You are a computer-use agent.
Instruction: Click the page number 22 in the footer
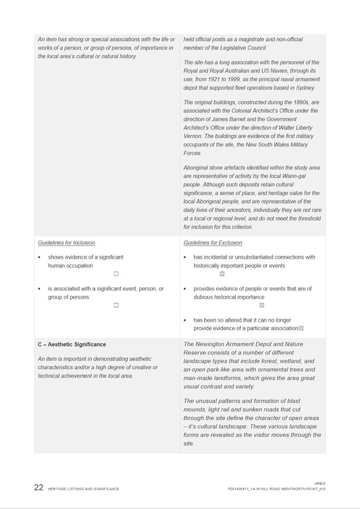pyautogui.click(x=39, y=487)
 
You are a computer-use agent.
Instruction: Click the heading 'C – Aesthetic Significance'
pyautogui.click(x=72, y=344)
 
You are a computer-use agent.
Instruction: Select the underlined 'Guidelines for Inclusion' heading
pyautogui.click(x=67, y=243)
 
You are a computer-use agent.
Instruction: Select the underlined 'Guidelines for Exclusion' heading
pyautogui.click(x=213, y=243)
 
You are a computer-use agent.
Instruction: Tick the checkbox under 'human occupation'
pyautogui.click(x=116, y=274)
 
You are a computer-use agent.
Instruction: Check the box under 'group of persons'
pyautogui.click(x=116, y=305)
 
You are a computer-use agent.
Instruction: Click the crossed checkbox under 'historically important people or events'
pyautogui.click(x=222, y=274)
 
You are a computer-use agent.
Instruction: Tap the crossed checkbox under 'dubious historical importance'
pyautogui.click(x=261, y=305)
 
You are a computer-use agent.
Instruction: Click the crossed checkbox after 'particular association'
pyautogui.click(x=301, y=329)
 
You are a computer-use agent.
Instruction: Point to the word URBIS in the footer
pyautogui.click(x=320, y=483)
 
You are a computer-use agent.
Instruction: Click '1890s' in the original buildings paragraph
pyautogui.click(x=295, y=102)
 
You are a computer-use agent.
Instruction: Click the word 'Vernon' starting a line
pyautogui.click(x=193, y=136)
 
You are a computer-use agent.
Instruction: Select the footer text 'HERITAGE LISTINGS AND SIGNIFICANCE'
pyautogui.click(x=83, y=489)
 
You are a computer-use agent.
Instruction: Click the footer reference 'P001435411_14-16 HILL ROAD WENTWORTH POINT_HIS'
pyautogui.click(x=277, y=489)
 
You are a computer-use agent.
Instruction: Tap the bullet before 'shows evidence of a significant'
pyautogui.click(x=39, y=257)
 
